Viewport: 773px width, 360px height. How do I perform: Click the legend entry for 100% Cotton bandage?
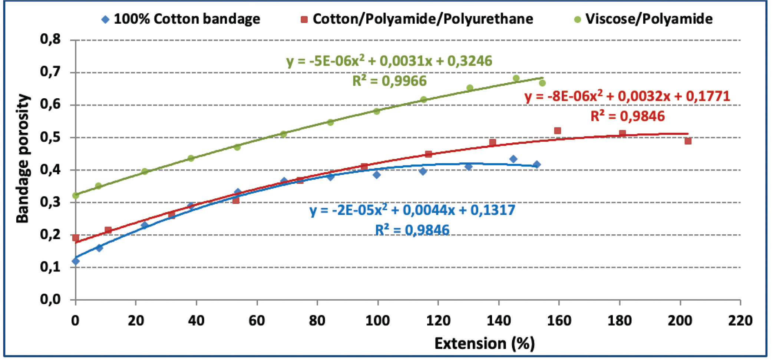tap(181, 19)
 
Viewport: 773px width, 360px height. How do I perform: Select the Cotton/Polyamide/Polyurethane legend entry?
tap(417, 19)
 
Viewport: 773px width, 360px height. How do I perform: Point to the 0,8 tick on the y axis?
tap(50, 39)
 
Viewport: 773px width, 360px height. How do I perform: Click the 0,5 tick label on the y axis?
tap(50, 137)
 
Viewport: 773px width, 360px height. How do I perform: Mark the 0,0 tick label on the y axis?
tap(50, 299)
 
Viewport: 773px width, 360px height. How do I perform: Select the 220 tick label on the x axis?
tap(740, 321)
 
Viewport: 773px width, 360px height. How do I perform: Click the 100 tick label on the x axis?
tap(377, 321)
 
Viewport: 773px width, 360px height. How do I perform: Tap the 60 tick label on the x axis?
tap(257, 321)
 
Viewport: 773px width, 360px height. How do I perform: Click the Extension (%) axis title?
tap(484, 344)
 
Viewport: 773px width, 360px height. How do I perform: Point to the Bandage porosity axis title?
tap(22, 159)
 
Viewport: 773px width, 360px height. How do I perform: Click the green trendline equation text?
tap(389, 61)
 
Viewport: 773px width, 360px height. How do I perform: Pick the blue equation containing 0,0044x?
tap(412, 211)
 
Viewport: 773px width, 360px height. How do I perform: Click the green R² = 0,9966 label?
tap(389, 81)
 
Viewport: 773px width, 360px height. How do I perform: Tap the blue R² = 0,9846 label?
tap(412, 230)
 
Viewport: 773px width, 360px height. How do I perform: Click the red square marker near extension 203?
tap(688, 141)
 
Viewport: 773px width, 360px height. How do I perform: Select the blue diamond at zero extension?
tap(76, 261)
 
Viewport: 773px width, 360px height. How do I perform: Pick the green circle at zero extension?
tap(76, 195)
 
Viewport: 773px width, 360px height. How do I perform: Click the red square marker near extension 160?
tap(557, 131)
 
